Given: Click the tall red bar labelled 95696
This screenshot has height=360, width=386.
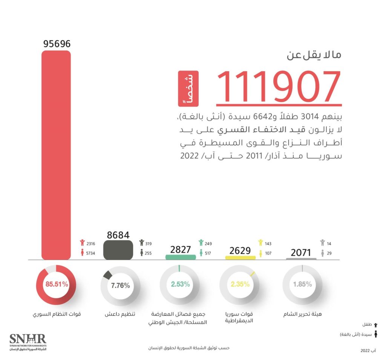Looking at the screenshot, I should pyautogui.click(x=56, y=154).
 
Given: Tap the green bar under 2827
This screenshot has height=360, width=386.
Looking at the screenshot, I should pyautogui.click(x=181, y=257).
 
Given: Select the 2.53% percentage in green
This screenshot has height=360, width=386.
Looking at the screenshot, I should pyautogui.click(x=180, y=285).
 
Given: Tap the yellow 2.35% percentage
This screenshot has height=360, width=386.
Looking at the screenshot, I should pyautogui.click(x=240, y=285).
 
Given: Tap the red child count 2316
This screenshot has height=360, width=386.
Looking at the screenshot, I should pyautogui.click(x=91, y=244).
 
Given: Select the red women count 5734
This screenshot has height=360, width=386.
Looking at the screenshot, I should pyautogui.click(x=91, y=253).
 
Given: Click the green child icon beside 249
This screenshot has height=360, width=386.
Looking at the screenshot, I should pyautogui.click(x=201, y=243).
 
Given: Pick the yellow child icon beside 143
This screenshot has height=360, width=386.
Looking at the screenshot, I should pyautogui.click(x=260, y=243).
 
